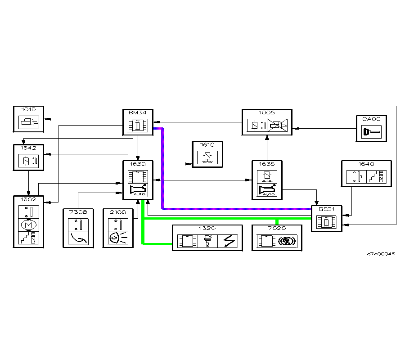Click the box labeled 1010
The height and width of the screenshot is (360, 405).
28,119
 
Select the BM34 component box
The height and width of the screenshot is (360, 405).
138,122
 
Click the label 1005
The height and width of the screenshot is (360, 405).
267,112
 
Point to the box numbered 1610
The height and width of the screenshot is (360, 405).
207,154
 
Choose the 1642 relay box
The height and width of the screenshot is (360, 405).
28,157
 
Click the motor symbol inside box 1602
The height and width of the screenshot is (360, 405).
28,224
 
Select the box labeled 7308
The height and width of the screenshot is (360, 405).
78,228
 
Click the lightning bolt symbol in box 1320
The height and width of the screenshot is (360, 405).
229,242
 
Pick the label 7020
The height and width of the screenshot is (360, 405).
277,228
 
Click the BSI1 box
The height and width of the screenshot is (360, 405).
327,218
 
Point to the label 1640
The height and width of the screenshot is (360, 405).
366,164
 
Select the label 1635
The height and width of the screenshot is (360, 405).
267,164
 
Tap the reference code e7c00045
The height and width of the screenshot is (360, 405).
381,254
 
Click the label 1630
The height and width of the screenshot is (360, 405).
138,164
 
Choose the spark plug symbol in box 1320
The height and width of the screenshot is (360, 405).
207,242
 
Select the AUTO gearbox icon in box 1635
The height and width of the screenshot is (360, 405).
267,190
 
